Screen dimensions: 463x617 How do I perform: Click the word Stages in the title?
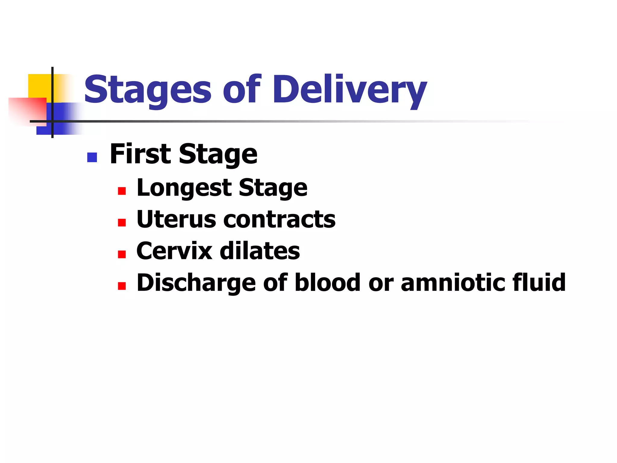(148, 90)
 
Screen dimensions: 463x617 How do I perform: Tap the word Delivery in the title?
(349, 90)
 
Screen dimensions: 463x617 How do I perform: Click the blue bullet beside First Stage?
(92, 157)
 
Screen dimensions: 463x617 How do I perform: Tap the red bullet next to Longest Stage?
(122, 191)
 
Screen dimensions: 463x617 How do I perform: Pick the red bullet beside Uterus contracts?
(122, 223)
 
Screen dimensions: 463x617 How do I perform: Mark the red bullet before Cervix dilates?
(122, 254)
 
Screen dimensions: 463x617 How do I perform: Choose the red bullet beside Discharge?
(122, 286)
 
